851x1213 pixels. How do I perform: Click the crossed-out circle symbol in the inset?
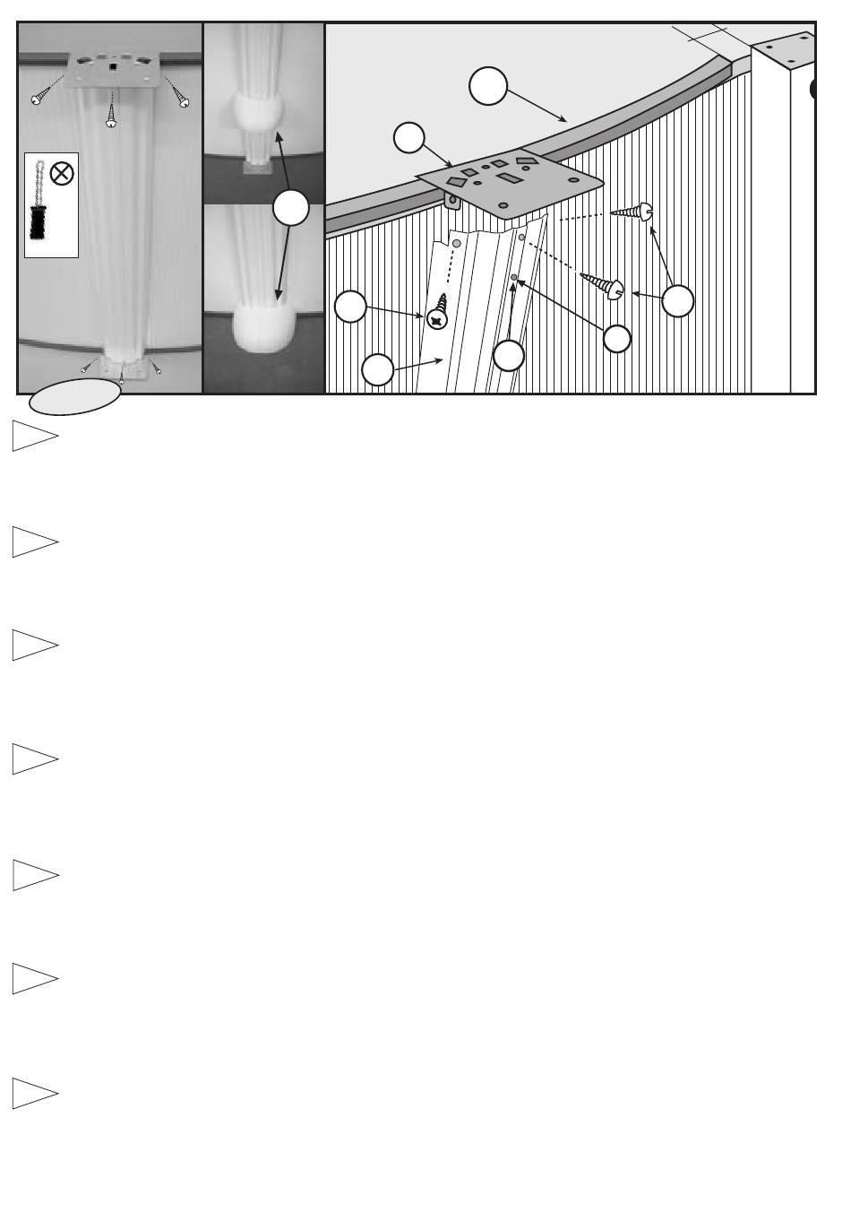click(62, 173)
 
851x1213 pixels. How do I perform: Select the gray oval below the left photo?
click(75, 396)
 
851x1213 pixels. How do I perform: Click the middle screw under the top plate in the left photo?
click(111, 116)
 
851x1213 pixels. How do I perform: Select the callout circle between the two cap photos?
click(291, 208)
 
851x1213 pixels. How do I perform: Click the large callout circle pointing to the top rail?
click(488, 88)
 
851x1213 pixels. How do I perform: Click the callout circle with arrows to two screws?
click(678, 300)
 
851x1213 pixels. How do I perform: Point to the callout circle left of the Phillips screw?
click(350, 307)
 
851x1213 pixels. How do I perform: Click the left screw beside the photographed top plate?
click(39, 96)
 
